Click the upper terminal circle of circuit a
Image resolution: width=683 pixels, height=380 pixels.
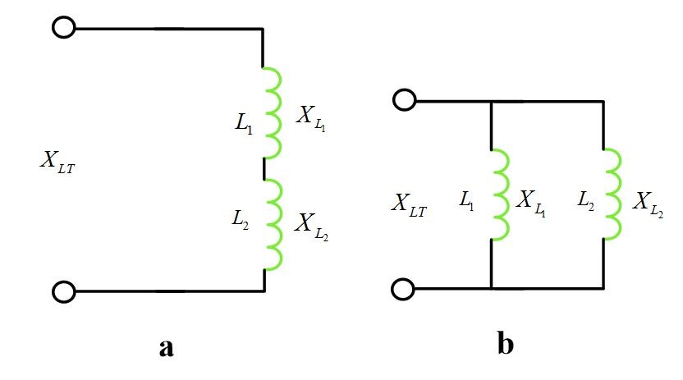(x=63, y=29)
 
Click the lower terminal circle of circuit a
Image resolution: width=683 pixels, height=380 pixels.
(x=63, y=291)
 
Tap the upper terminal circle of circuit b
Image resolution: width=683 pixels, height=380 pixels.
(x=404, y=100)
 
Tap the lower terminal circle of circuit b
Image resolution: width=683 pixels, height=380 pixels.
(x=404, y=289)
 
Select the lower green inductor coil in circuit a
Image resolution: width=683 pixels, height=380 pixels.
(x=271, y=225)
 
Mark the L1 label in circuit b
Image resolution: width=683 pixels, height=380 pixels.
(x=468, y=199)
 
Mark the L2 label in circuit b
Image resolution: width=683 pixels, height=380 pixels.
(x=584, y=199)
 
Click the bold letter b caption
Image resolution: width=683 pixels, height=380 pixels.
(x=505, y=344)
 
